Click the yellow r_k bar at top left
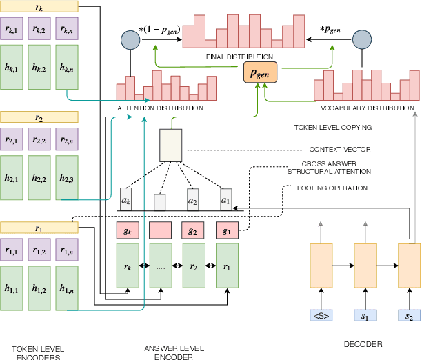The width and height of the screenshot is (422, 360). [39, 8]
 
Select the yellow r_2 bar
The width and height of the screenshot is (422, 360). [39, 118]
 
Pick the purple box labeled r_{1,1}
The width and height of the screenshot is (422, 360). [12, 248]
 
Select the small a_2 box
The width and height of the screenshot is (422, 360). [194, 198]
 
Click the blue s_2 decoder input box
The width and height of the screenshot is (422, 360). [410, 316]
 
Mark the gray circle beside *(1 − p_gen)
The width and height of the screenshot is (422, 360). [129, 39]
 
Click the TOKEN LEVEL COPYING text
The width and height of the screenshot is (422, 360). [333, 128]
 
